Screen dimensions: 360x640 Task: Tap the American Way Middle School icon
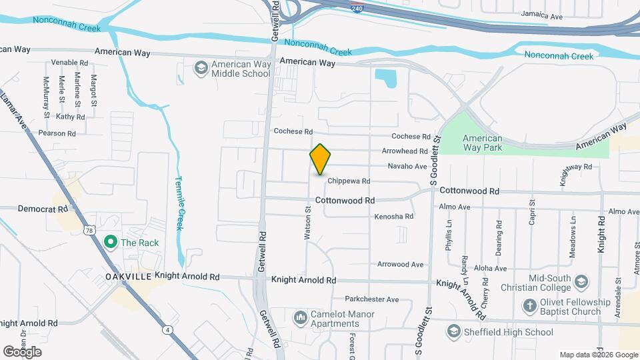coord(201,68)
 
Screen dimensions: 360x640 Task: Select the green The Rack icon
coord(110,242)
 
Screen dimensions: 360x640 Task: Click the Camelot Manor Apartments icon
coord(301,315)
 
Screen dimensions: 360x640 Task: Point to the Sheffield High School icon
coord(454,332)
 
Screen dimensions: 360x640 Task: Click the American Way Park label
coord(483,143)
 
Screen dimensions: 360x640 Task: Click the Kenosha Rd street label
coord(393,216)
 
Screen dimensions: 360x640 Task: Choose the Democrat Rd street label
coord(43,209)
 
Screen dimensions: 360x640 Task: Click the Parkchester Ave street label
coord(371,299)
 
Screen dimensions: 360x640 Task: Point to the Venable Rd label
coord(69,63)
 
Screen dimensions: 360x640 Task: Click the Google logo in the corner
coord(22,352)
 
